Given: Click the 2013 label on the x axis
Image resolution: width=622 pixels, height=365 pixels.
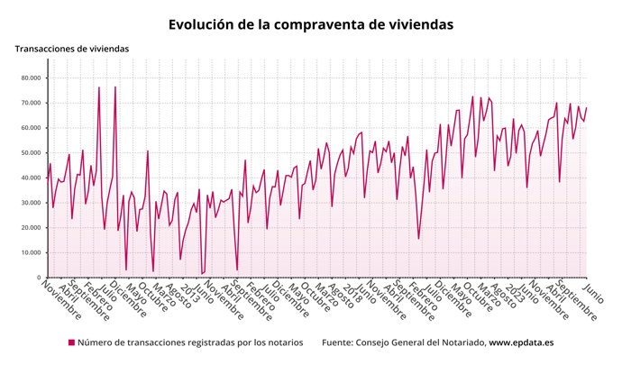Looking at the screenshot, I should tap(190, 293).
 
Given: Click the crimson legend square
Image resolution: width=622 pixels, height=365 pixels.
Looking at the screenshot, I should tap(71, 343).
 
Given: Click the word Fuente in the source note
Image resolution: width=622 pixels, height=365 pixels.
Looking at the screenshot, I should tap(339, 343).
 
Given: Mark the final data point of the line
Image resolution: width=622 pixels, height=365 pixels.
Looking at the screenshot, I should tap(586, 108).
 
